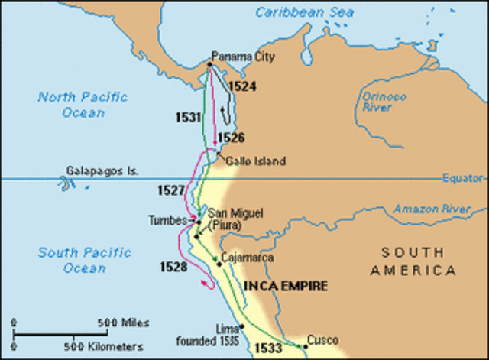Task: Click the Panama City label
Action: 243,57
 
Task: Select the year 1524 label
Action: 242,86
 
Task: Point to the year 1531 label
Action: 186,118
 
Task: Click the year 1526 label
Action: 231,138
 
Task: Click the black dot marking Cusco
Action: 305,346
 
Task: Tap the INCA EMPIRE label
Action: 286,287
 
